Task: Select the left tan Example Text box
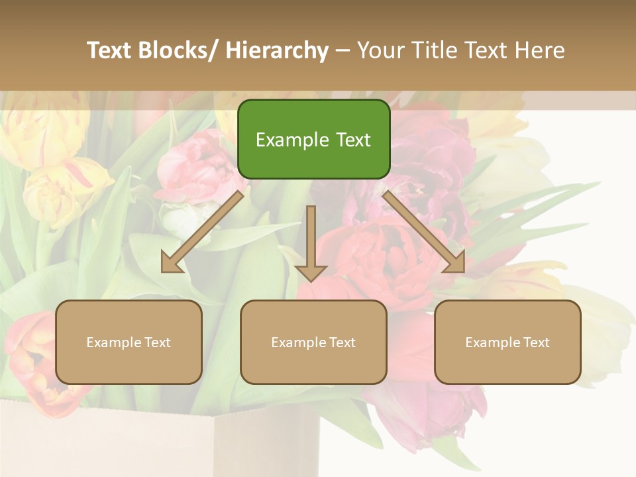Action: (129, 342)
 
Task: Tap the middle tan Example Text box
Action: (313, 342)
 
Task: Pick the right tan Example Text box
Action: (507, 342)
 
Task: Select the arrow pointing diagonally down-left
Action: (202, 231)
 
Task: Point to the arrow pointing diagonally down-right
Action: (424, 231)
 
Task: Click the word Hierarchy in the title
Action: (277, 50)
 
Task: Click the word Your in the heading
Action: (380, 50)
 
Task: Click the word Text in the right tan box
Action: (537, 343)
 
